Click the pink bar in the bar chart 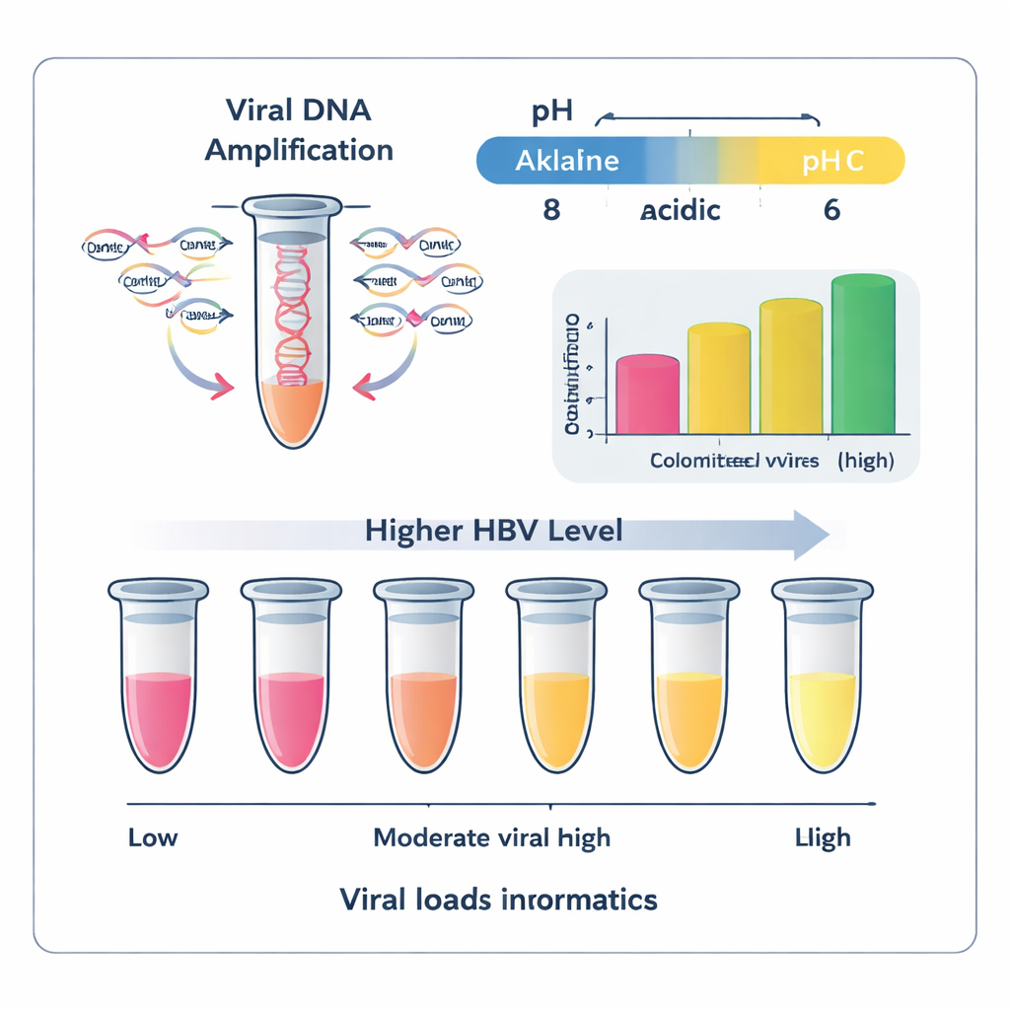point(647,396)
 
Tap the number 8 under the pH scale point(551,210)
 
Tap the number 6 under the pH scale point(831,210)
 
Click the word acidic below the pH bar point(680,210)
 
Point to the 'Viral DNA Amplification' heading point(299,130)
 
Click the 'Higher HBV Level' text point(493,532)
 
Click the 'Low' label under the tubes point(153,838)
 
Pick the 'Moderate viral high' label point(492,838)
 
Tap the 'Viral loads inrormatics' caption point(498,900)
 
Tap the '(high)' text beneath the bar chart point(866,462)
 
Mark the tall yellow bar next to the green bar point(790,368)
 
